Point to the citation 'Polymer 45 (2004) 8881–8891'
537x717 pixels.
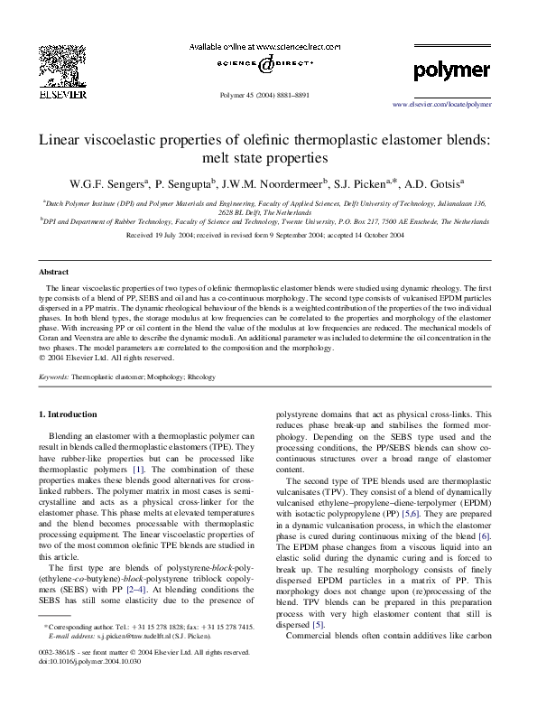click(268, 94)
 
